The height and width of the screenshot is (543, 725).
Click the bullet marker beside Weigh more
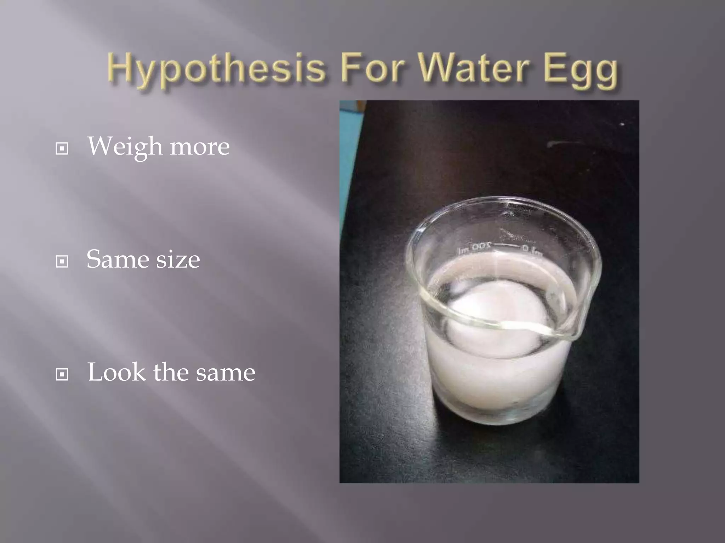(x=62, y=148)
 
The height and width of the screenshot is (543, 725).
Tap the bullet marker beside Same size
(x=62, y=262)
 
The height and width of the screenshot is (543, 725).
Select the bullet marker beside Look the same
(x=62, y=374)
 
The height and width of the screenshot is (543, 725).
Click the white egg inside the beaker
(x=496, y=318)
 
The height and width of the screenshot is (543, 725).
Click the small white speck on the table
(x=622, y=124)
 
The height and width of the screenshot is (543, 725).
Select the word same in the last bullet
(x=225, y=373)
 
